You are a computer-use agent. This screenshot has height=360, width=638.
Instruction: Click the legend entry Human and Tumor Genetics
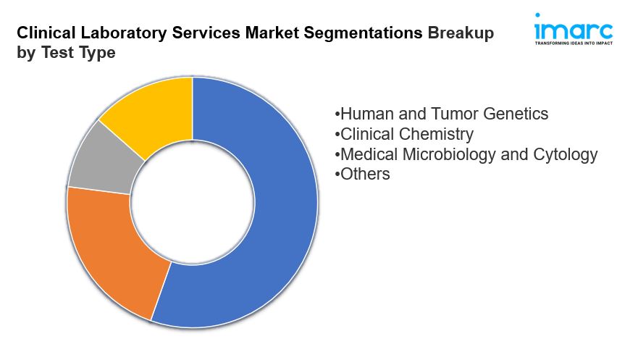coord(442,114)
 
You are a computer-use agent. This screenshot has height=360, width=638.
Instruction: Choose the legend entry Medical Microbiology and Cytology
coord(466,154)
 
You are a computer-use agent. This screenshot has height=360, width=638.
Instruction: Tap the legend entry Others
coord(363,174)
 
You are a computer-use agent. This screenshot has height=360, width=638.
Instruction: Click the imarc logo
coord(573,30)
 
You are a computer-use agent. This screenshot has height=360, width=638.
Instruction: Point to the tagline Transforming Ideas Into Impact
coord(573,43)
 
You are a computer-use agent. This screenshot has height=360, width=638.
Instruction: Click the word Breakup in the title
coord(461,33)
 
